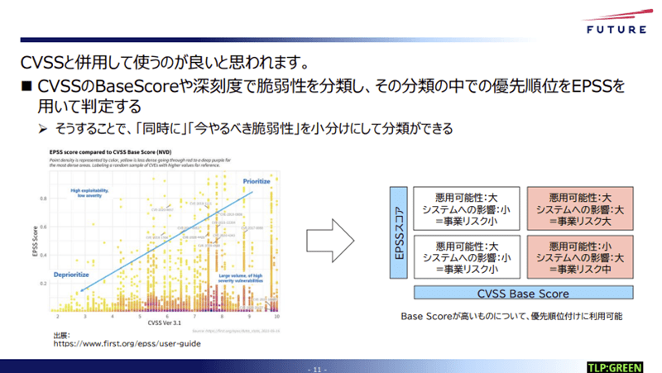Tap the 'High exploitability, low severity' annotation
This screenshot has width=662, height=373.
click(90, 194)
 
